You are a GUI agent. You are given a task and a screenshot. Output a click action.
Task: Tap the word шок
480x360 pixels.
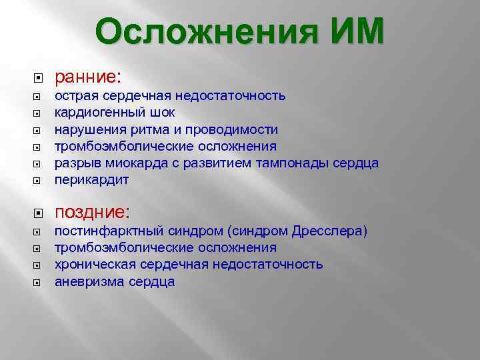point(163,113)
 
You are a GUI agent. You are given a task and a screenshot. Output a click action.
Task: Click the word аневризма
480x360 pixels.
point(87,281)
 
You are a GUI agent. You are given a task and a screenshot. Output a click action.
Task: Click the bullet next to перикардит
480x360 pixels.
point(37,181)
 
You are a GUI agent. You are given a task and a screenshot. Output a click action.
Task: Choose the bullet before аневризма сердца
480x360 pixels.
point(37,282)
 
